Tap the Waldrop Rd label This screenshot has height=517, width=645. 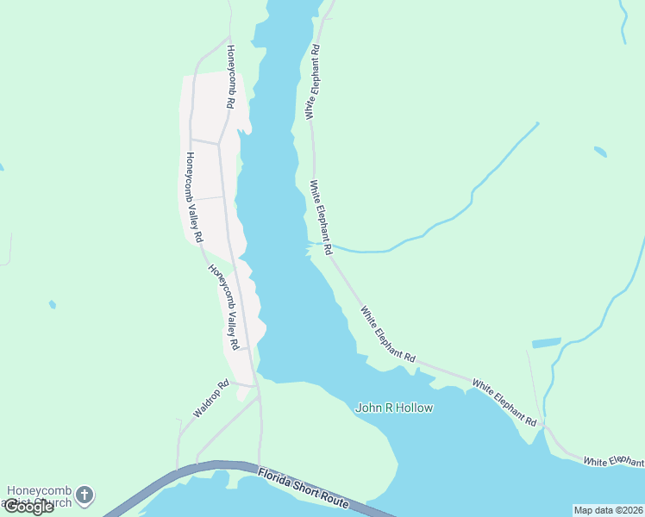(211, 399)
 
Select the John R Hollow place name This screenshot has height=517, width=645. (394, 408)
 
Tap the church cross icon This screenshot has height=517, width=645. (84, 495)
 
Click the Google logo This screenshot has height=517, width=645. (28, 507)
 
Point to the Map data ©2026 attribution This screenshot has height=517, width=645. (608, 510)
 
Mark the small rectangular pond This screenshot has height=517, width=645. (546, 343)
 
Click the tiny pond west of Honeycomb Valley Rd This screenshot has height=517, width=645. (53, 304)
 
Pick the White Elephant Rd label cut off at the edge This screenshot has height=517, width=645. (613, 462)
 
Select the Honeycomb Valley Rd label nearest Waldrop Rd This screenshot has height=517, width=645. (235, 307)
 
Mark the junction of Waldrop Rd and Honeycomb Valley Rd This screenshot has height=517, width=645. (257, 385)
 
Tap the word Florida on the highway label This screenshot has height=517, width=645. (280, 476)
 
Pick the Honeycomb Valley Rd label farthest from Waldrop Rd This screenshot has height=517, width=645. (193, 197)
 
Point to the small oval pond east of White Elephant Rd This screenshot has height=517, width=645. (600, 152)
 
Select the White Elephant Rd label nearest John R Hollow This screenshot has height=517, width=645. (388, 334)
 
